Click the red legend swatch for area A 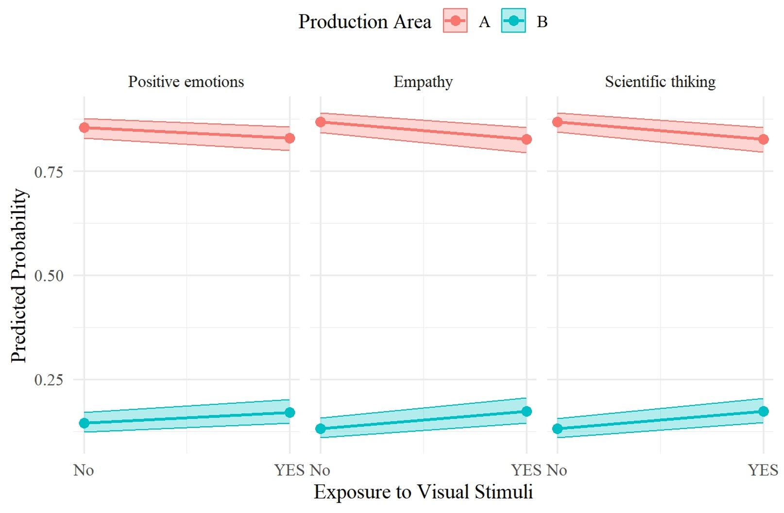click(x=455, y=21)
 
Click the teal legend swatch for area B click(x=513, y=21)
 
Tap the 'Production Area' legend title click(x=364, y=22)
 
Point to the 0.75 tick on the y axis click(x=49, y=172)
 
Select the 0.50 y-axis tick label click(x=49, y=276)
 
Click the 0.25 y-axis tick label click(x=49, y=380)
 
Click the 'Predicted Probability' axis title click(x=19, y=275)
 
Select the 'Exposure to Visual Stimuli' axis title click(x=423, y=492)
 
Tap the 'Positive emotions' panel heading click(x=186, y=82)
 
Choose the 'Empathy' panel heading click(x=423, y=82)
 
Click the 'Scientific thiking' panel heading click(x=660, y=82)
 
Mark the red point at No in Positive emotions click(x=84, y=128)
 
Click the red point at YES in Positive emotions click(x=290, y=138)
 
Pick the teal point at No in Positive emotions click(x=84, y=423)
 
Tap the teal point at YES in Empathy click(x=527, y=412)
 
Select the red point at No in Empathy click(x=321, y=122)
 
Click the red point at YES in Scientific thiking click(x=764, y=139)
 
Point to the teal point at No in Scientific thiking click(x=558, y=429)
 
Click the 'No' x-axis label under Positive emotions click(x=84, y=470)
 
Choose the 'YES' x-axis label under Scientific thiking click(x=763, y=470)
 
